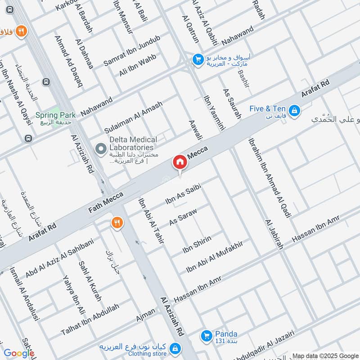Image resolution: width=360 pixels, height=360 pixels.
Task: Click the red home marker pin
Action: coord(180,162)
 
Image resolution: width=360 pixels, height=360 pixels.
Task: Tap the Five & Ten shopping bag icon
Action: coord(294,109)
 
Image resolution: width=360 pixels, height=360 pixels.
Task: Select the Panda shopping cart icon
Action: coord(207,335)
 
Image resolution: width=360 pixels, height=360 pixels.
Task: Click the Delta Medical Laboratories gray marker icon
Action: coord(101,148)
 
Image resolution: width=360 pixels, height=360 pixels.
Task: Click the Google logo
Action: coord(19,353)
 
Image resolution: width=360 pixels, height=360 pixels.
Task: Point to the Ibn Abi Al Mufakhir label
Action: coord(215,257)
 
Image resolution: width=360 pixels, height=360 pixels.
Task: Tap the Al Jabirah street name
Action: coord(274,234)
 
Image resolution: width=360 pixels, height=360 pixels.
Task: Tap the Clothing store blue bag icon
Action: coord(176,349)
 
